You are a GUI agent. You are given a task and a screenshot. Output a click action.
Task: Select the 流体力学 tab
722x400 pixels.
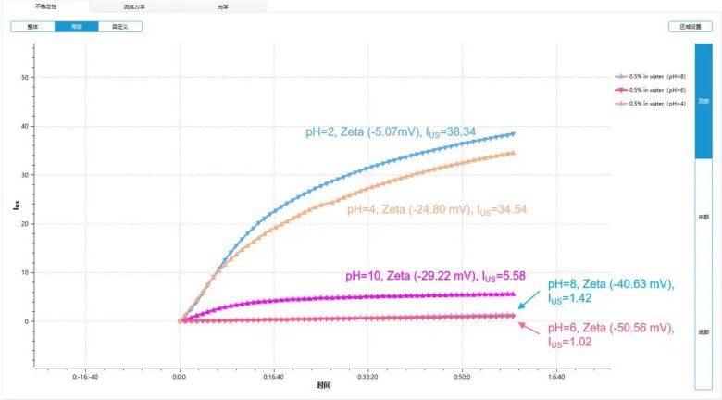[135, 6]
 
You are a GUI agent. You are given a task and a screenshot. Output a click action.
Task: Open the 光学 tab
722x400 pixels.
[223, 6]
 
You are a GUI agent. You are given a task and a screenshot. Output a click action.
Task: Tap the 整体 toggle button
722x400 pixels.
[32, 27]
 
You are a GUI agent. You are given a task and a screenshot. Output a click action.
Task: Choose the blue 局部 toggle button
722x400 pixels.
[76, 27]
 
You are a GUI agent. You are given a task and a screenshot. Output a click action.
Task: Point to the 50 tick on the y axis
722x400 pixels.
[24, 77]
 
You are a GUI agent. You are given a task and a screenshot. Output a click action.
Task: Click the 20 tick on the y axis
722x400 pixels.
[24, 224]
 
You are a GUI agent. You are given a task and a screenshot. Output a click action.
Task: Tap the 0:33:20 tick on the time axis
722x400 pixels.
[367, 378]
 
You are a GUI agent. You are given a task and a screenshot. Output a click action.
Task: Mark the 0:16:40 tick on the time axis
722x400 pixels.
[273, 378]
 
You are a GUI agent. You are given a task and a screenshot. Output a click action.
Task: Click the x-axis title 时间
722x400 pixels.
[323, 385]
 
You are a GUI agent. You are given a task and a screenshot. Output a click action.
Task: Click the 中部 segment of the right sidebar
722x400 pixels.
[704, 217]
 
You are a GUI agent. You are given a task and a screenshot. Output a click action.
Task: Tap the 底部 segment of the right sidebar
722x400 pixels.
[704, 331]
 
